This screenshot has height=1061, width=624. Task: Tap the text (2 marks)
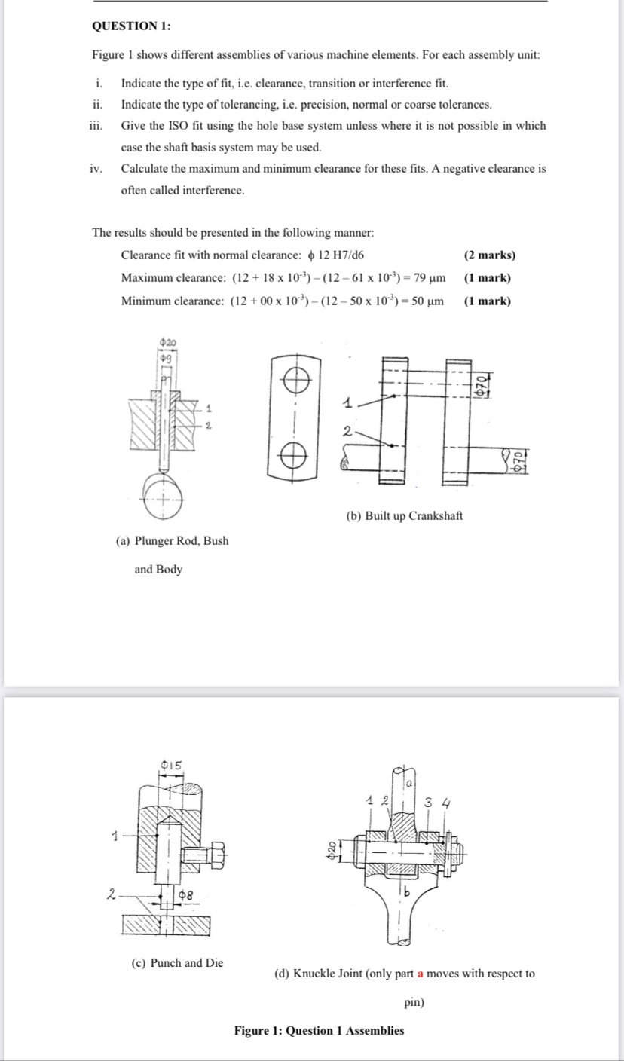click(490, 255)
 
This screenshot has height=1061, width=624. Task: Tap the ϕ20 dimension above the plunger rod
click(167, 344)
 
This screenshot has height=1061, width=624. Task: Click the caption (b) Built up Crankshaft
click(404, 516)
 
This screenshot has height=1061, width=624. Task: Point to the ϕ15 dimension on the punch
click(171, 765)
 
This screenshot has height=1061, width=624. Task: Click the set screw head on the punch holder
click(213, 854)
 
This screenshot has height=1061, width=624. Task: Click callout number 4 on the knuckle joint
click(450, 803)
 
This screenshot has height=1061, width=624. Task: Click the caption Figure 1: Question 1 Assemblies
click(319, 1031)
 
